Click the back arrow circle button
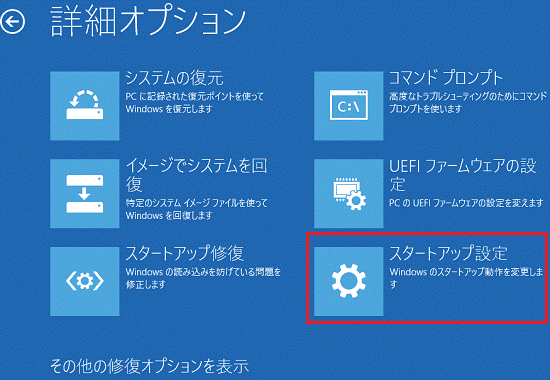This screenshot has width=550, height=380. [x=13, y=18]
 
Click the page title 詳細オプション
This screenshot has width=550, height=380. [x=147, y=19]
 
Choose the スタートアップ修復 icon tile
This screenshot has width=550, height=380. [x=82, y=274]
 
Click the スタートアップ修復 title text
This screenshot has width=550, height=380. [x=185, y=251]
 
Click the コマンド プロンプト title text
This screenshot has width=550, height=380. [x=445, y=77]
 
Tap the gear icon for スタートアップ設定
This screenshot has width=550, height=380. [x=347, y=275]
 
